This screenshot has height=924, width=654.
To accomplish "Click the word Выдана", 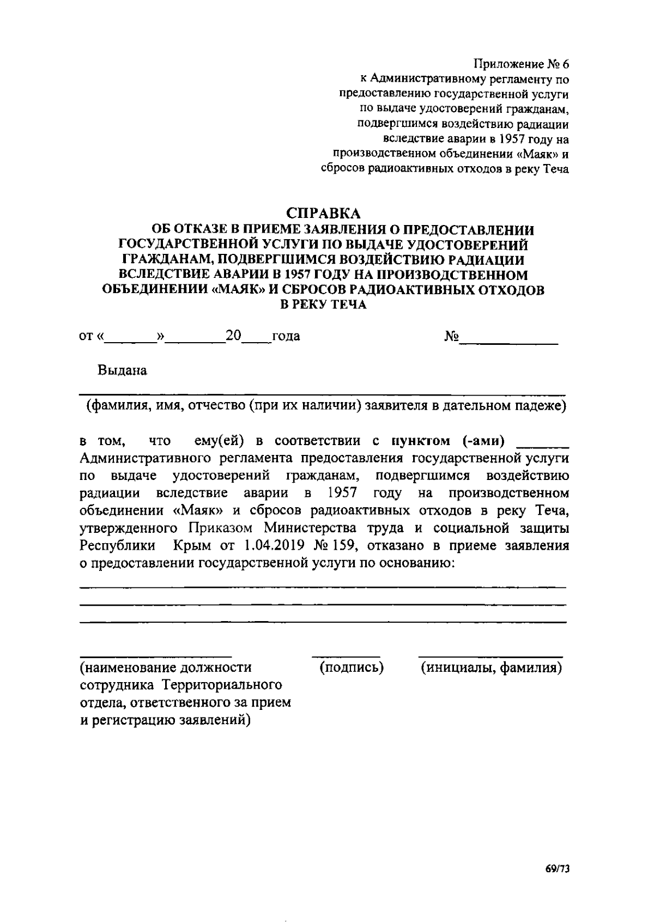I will [122, 371].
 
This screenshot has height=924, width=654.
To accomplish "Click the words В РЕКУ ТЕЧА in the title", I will [323, 305].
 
